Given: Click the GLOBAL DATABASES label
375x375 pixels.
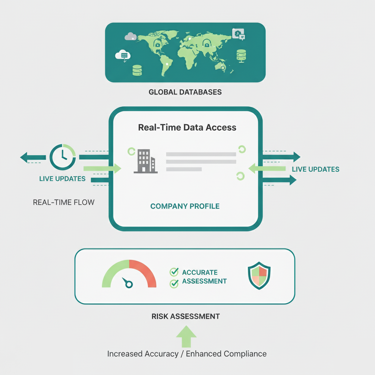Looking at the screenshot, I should tap(185, 92).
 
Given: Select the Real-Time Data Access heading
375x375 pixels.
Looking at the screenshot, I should tap(187, 127).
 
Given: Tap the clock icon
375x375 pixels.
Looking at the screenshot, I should tap(63, 157).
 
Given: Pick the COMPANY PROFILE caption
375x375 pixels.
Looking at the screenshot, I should tap(185, 206).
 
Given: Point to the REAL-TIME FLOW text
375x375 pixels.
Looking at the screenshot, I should tap(64, 202).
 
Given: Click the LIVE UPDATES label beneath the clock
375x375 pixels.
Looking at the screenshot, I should tap(62, 179).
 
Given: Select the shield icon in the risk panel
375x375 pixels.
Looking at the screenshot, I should tap(259, 275).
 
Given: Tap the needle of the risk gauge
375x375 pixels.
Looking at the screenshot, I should tap(127, 283).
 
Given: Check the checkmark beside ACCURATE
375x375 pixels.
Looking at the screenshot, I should tap(174, 272).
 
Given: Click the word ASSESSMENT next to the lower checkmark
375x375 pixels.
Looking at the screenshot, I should tap(204, 281).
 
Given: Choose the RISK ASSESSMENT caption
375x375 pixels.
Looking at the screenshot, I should tap(186, 316).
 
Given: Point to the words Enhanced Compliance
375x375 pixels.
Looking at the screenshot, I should tap(227, 354).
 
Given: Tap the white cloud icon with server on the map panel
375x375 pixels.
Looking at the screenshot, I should tap(123, 55).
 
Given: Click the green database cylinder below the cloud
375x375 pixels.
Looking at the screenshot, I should tap(137, 70).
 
